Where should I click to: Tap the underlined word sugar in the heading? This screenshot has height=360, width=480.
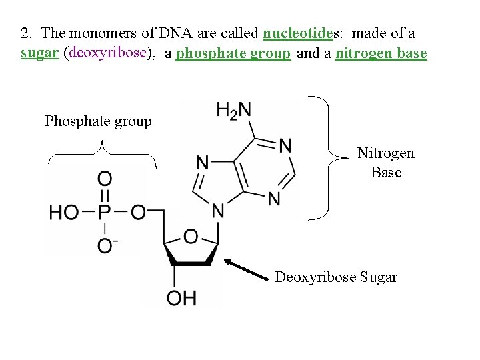38,53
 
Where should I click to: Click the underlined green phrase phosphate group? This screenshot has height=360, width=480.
233,53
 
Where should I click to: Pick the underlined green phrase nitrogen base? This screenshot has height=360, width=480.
381,53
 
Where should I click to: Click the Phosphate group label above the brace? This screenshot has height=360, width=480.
98,121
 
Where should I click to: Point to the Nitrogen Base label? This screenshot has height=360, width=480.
385,163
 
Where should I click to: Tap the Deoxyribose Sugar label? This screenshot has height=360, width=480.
336,277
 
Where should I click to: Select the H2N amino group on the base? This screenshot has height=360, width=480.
233,110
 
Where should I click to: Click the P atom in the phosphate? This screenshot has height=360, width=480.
105,213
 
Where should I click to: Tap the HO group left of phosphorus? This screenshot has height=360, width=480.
64,213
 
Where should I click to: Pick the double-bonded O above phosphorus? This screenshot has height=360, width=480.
105,179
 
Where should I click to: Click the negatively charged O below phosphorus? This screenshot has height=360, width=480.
106,246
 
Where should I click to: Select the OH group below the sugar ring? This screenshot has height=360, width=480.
181,297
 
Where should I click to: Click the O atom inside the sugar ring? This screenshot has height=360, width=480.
191,236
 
